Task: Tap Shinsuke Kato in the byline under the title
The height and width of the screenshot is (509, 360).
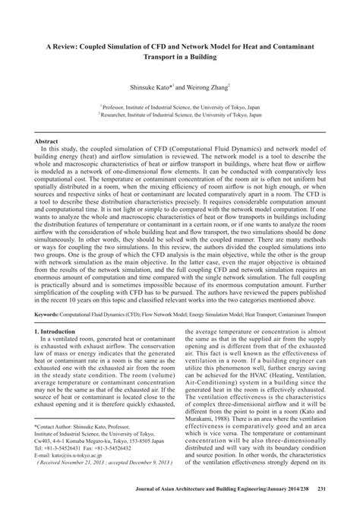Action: click(153, 85)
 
